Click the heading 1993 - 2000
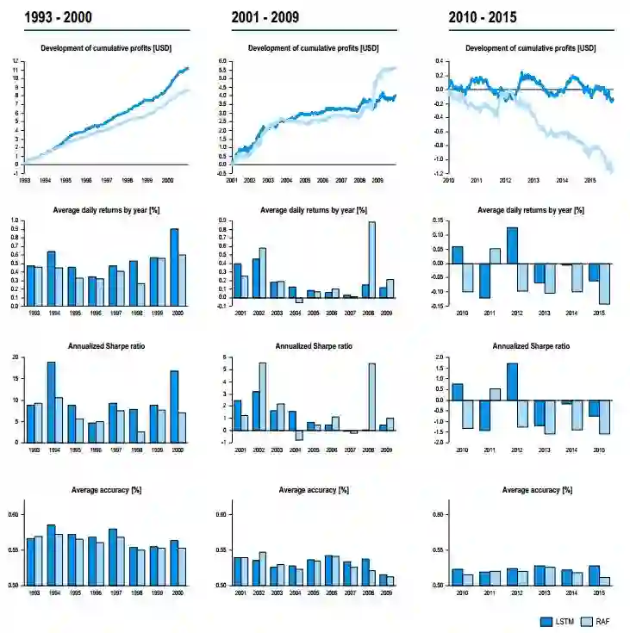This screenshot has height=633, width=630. click(x=58, y=16)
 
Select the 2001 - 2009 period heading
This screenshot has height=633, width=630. click(x=265, y=16)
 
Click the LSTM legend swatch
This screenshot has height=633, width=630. click(x=546, y=621)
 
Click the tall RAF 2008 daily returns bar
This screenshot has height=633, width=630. click(x=372, y=259)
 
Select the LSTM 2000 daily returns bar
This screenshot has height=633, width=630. click(x=174, y=267)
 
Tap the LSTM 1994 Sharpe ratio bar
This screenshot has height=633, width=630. click(x=51, y=401)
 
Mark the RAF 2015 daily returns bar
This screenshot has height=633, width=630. click(x=605, y=283)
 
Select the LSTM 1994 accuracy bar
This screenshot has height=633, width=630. click(x=51, y=555)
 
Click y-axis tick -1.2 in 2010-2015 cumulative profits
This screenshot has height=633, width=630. click(x=438, y=173)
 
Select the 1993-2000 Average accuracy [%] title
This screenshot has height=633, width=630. click(x=105, y=490)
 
